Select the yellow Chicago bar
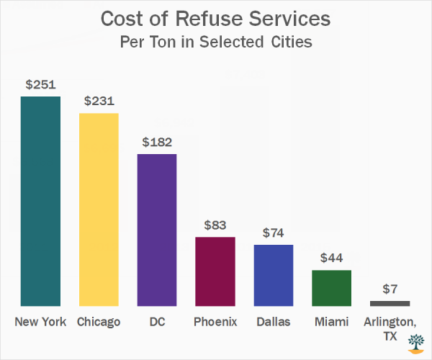coord(99,209)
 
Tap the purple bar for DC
coord(157,229)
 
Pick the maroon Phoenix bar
coord(215,271)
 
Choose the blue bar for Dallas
coord(274,274)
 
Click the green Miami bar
coord(332,287)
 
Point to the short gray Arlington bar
coord(390,303)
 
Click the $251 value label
coord(40,84)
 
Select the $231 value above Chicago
coord(99,102)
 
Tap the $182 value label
coord(157,142)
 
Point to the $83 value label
coord(215,225)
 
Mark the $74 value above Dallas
coord(274,233)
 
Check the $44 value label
coord(332,258)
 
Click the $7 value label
coord(390,289)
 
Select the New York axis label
coord(40,322)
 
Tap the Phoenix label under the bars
coord(215,322)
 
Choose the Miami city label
coord(332,322)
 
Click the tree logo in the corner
coord(415,343)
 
